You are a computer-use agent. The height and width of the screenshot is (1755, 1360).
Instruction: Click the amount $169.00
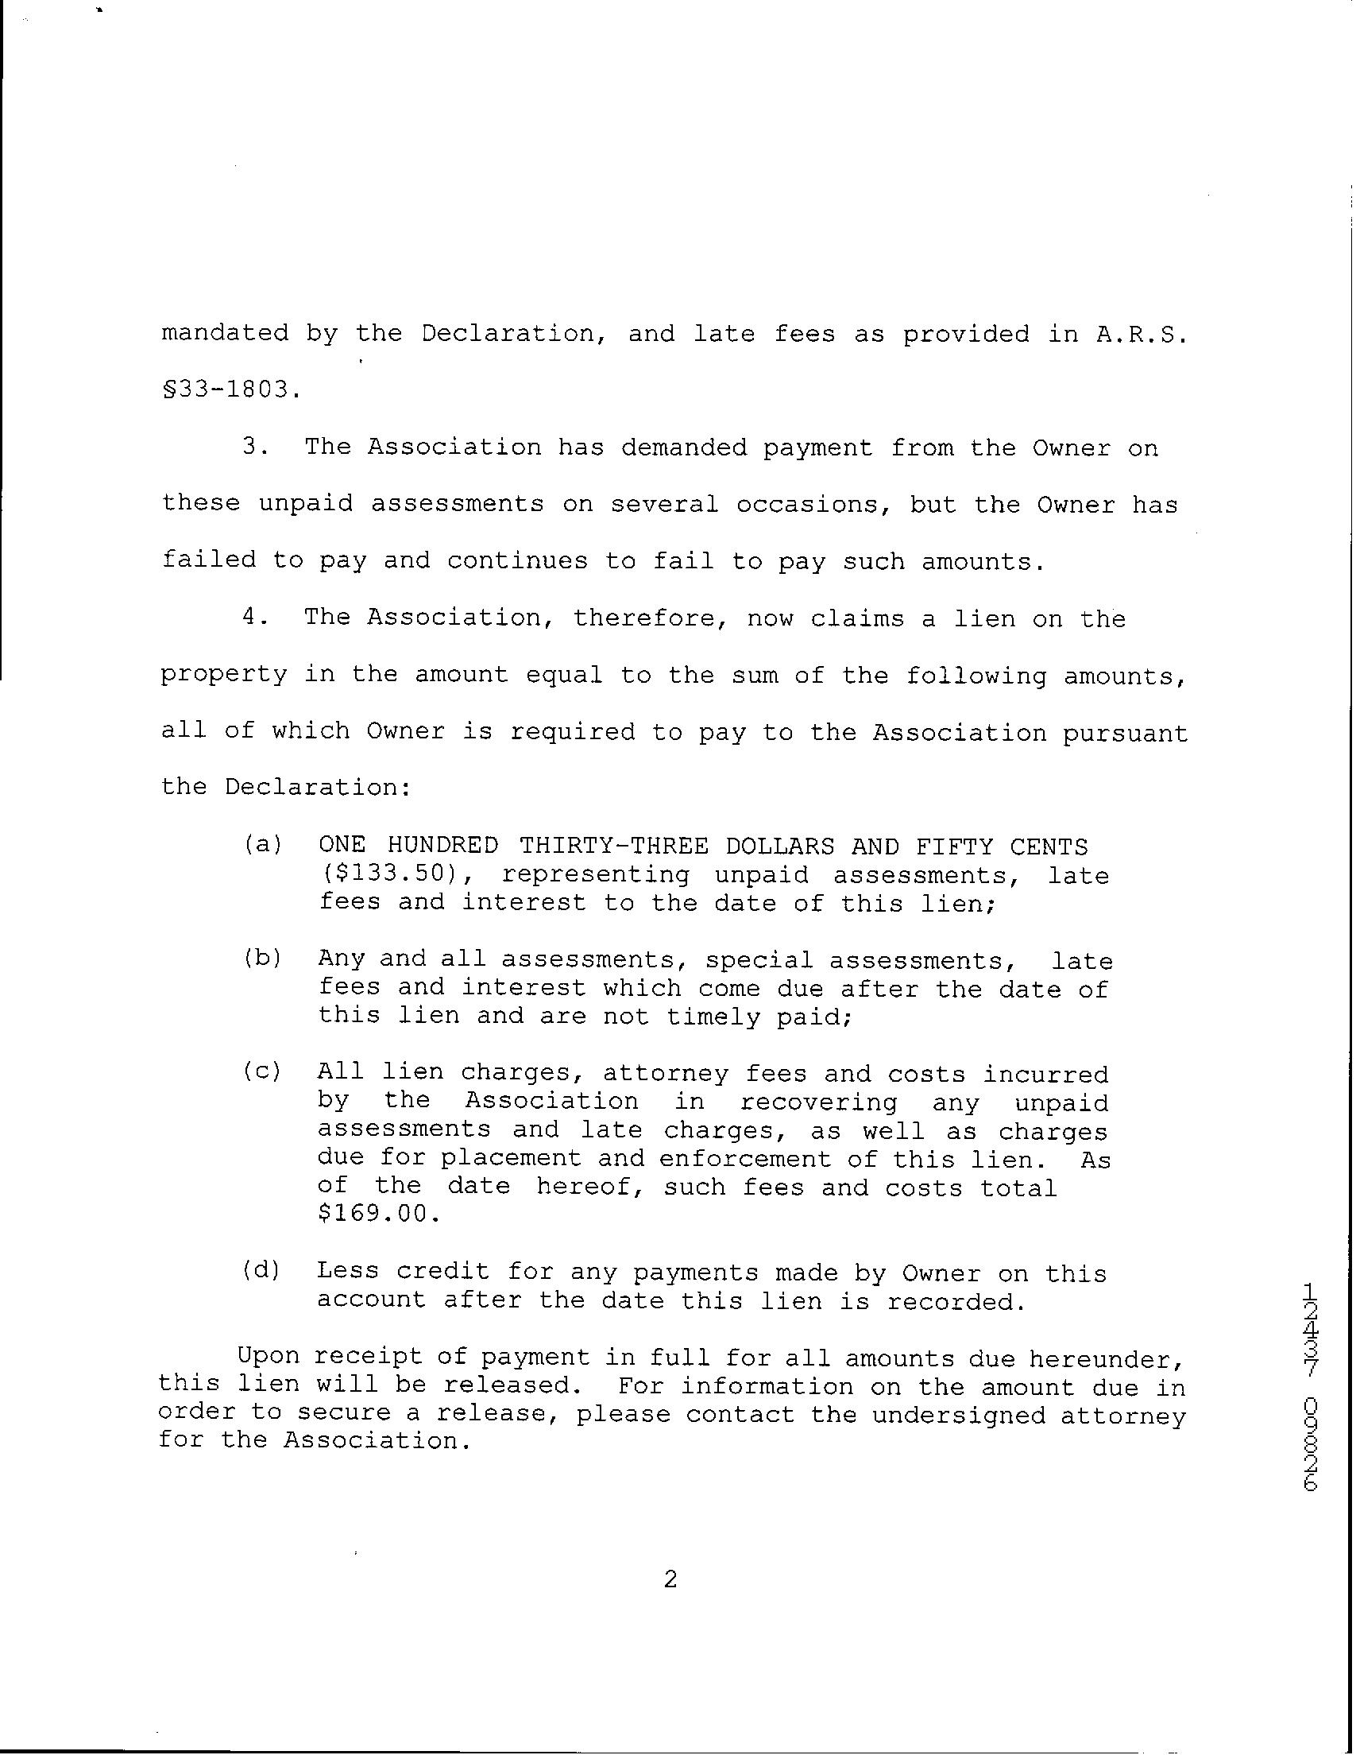[x=378, y=1214]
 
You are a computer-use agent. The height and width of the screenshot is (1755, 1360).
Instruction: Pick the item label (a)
[x=262, y=846]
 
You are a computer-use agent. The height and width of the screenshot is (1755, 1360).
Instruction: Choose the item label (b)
[x=262, y=959]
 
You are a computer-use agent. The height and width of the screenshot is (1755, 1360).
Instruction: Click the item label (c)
[x=262, y=1072]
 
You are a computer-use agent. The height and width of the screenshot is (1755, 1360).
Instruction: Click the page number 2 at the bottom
[x=670, y=1581]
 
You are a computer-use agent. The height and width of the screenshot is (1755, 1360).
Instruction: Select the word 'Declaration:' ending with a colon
[x=317, y=788]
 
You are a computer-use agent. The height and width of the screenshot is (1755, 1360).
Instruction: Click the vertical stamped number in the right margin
[x=1310, y=1385]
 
